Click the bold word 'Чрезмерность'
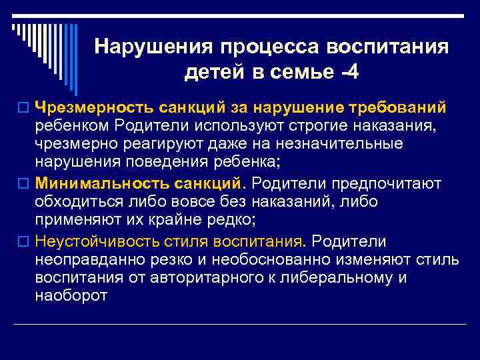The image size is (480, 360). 94,107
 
